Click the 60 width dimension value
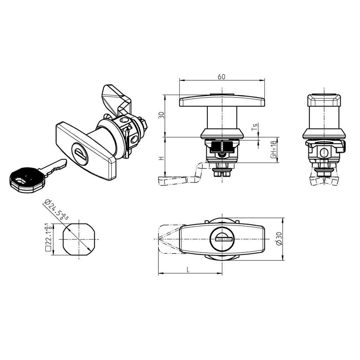coord(221,77)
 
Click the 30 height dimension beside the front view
coord(161,115)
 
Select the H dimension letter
coord(161,159)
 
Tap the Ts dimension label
coord(256,127)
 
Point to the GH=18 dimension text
coord(273,150)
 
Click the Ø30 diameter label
coord(279,239)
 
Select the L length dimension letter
coord(188,270)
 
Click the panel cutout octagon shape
coord(78,239)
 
